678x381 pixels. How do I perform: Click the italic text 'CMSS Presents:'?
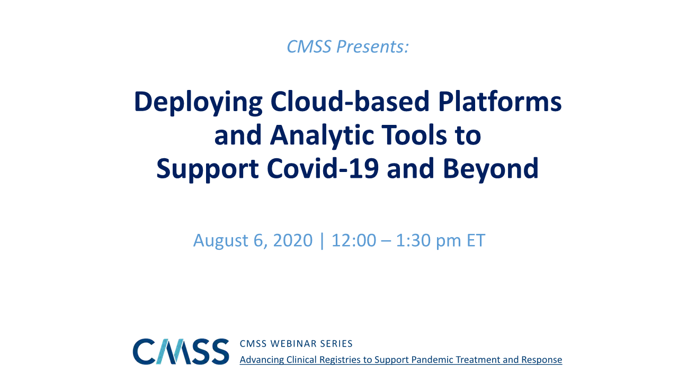click(348, 47)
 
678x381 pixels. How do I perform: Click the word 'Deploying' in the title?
click(198, 103)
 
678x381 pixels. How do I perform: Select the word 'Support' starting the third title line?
click(207, 169)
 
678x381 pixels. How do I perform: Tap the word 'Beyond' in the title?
click(490, 169)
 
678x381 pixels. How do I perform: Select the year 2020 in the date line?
click(293, 240)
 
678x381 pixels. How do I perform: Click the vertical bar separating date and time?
click(322, 241)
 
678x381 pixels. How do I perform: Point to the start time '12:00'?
click(354, 240)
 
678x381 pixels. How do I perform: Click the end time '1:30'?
click(413, 240)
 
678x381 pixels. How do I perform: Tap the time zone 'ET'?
click(476, 240)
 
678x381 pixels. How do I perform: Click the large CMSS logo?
click(181, 351)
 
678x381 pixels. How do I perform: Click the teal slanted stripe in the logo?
click(165, 351)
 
